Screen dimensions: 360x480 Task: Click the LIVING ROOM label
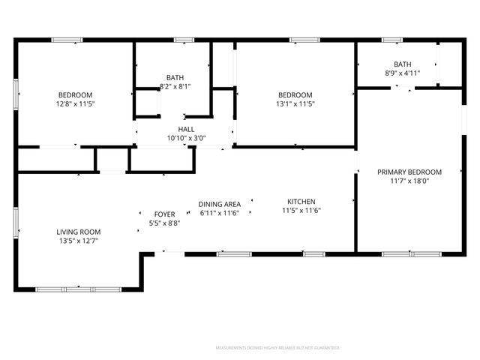coord(78,232)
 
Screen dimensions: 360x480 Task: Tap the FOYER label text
coord(164,214)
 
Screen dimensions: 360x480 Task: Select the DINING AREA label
coord(219,204)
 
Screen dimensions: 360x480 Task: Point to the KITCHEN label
coord(301,201)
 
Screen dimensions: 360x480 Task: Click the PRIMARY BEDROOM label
coord(409,172)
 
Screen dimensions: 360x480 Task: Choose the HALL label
coord(186,129)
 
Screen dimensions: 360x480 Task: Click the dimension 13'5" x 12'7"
coord(78,241)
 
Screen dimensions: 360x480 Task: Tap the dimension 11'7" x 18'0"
coord(409,181)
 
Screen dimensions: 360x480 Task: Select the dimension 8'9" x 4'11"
coord(402,73)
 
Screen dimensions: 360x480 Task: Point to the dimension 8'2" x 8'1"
coord(175,86)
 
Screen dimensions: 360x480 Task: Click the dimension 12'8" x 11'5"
coord(75,103)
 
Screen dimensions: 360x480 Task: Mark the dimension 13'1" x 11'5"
coord(295,103)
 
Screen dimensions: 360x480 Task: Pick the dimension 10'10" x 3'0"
coord(186,138)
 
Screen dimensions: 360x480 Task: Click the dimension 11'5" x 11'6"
coord(301,210)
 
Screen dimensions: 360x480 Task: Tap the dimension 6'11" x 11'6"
coord(219,213)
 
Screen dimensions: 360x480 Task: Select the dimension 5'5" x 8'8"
coord(164,223)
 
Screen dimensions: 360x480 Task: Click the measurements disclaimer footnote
coord(277,348)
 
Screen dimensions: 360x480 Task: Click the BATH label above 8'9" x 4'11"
coord(402,64)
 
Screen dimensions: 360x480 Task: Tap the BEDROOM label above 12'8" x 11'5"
coord(75,94)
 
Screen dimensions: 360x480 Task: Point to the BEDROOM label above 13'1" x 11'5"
coord(295,94)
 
